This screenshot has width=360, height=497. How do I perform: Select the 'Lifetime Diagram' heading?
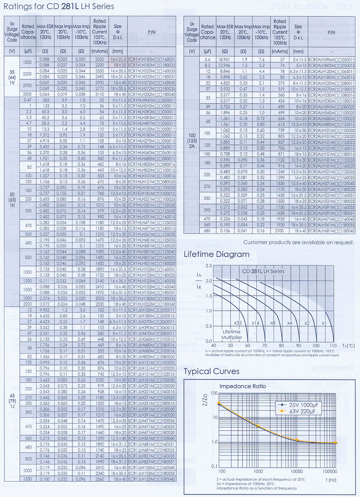pyautogui.click(x=217, y=254)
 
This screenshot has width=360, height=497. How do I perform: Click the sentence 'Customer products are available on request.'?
pyautogui.click(x=299, y=242)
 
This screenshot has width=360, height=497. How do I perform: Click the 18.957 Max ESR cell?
pyautogui.click(x=224, y=59)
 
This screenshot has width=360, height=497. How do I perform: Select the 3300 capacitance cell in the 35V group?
pyautogui.click(x=27, y=95)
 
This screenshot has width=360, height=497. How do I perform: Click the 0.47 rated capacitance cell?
pyautogui.click(x=27, y=99)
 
